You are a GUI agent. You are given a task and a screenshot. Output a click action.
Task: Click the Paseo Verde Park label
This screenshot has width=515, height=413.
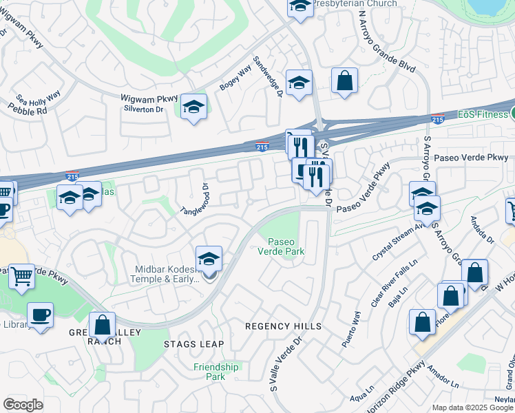pyautogui.click(x=286, y=246)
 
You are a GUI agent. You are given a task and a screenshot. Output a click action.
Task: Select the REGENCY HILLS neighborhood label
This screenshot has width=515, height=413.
pyautogui.click(x=284, y=326)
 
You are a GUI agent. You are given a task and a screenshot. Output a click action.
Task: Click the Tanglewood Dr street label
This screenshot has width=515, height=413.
pyautogui.click(x=194, y=200)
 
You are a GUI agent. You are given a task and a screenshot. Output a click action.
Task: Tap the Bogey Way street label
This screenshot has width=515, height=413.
pyautogui.click(x=235, y=78)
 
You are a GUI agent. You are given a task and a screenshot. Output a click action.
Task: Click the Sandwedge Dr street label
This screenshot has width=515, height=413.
pyautogui.click(x=267, y=77)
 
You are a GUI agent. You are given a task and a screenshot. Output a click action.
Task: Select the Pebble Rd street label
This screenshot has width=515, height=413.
pyautogui.click(x=28, y=109)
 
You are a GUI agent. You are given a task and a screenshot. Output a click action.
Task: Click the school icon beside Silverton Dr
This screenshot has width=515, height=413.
pyautogui.click(x=193, y=107)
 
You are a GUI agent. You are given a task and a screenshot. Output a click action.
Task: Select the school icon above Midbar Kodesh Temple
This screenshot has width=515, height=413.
pyautogui.click(x=209, y=260)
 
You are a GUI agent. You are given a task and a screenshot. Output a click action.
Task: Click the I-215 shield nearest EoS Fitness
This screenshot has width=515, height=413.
pyautogui.click(x=437, y=119)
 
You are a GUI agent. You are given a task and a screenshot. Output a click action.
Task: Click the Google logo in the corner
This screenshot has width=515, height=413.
pyautogui.click(x=23, y=404)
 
